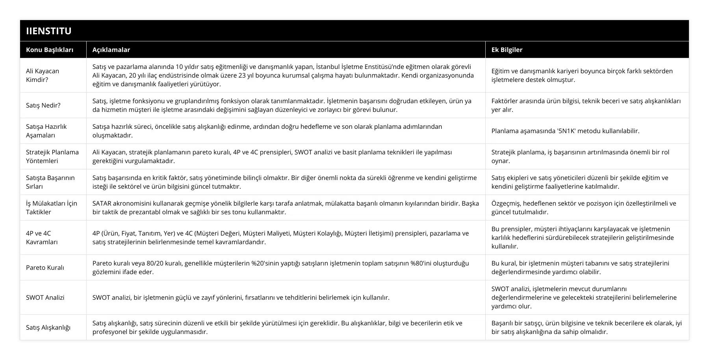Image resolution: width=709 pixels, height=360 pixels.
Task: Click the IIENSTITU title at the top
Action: click(x=49, y=31)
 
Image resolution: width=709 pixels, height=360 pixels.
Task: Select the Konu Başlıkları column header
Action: click(x=50, y=50)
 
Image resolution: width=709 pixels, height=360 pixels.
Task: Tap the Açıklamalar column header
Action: click(x=111, y=50)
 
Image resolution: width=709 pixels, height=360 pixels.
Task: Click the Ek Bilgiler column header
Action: click(x=507, y=50)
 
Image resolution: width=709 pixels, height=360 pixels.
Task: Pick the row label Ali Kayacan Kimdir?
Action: click(x=43, y=75)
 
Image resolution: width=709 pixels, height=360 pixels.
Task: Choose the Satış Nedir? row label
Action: click(x=43, y=105)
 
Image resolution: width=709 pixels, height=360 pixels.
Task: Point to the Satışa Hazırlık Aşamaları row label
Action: click(x=46, y=131)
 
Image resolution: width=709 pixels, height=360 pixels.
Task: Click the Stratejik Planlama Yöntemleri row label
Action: click(x=52, y=156)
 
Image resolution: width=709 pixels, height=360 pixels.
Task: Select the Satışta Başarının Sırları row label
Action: click(x=50, y=182)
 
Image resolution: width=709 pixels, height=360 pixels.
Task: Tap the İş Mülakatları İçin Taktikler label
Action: click(x=52, y=208)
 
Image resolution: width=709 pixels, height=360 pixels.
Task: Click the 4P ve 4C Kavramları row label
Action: click(x=42, y=238)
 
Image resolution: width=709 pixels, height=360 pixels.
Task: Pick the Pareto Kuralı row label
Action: click(x=45, y=267)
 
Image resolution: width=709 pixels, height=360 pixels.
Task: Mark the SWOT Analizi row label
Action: click(x=45, y=297)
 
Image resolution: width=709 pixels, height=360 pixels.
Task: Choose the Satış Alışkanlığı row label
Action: click(x=48, y=327)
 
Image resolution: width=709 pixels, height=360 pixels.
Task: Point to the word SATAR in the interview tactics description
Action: click(x=102, y=203)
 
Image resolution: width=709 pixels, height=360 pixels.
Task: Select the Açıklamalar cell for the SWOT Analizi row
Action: click(x=241, y=297)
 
